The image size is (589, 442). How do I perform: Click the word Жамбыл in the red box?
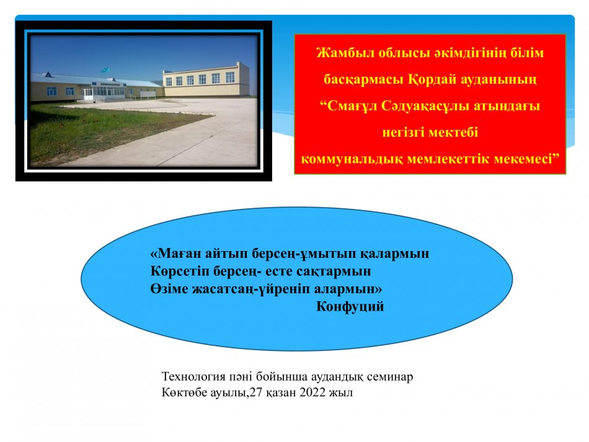[345, 53]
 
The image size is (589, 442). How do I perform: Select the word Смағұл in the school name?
[352, 106]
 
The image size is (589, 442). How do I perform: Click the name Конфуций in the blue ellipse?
[350, 307]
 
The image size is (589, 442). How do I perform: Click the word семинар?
[390, 377]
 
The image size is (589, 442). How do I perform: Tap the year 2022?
[312, 393]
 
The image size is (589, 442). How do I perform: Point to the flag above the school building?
[105, 70]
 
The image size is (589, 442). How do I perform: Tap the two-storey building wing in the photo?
[206, 79]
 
